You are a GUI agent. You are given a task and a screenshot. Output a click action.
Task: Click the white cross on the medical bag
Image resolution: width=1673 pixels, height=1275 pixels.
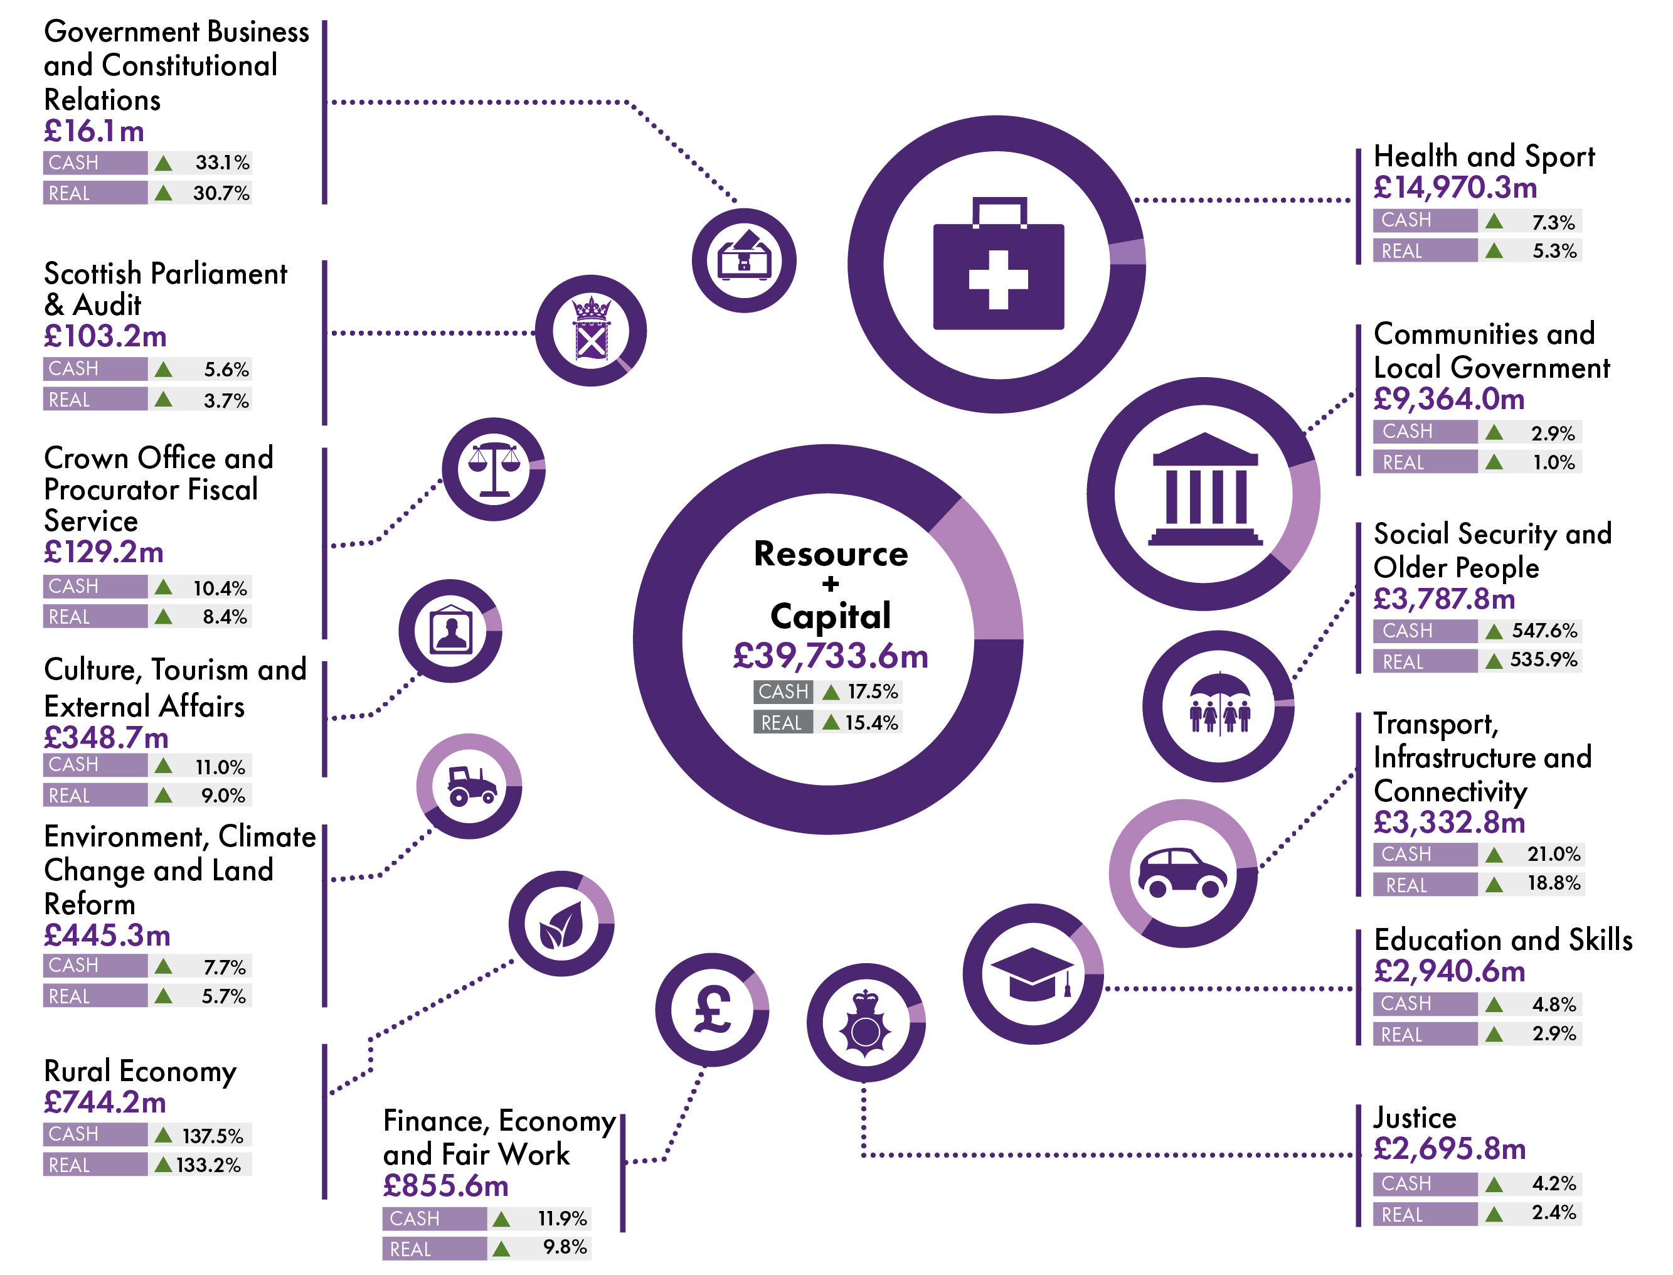tap(998, 279)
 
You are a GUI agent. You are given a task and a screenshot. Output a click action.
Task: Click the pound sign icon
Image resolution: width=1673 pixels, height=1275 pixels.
tap(713, 1010)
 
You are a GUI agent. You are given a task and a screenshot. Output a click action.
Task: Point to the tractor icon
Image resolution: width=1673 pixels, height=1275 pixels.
tap(470, 786)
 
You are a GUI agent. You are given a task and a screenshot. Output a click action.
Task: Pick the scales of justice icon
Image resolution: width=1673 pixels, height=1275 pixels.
tap(494, 468)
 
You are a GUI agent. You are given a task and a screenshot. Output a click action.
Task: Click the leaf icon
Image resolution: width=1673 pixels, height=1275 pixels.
tap(561, 924)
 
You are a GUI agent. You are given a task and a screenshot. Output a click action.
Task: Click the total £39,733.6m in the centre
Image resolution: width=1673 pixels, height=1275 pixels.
tap(830, 656)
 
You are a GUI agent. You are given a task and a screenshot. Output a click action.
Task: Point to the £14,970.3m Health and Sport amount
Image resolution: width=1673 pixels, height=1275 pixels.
tap(1455, 188)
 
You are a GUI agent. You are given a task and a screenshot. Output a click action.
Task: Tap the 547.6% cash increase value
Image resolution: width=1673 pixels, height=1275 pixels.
tap(1543, 631)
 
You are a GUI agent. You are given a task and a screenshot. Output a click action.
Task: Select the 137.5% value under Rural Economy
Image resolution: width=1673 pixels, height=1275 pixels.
tap(213, 1135)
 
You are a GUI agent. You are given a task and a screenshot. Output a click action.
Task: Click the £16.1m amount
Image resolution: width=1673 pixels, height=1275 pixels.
tap(94, 131)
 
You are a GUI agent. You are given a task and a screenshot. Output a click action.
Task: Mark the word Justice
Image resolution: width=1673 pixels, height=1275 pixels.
tap(1415, 1117)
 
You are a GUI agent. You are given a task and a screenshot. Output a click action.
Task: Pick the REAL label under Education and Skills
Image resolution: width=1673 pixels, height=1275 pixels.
tap(1401, 1035)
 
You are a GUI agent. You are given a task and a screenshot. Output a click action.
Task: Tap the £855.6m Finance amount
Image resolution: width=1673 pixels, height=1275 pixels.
tap(445, 1185)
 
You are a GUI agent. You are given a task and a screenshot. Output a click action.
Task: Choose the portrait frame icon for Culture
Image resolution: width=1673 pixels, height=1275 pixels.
tap(450, 631)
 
